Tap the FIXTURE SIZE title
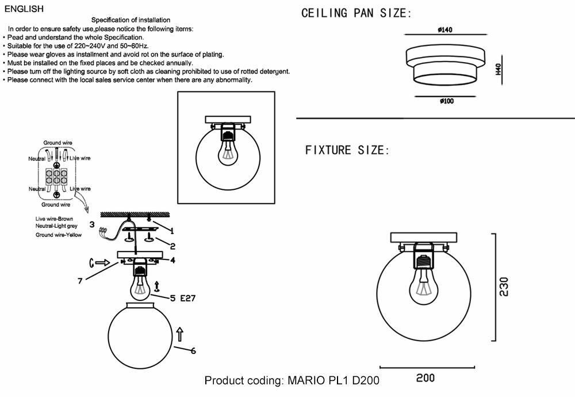pyautogui.click(x=347, y=151)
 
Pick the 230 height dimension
pyautogui.click(x=503, y=288)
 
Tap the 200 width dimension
pyautogui.click(x=425, y=378)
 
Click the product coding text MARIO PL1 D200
pyautogui.click(x=292, y=381)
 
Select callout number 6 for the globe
pyautogui.click(x=193, y=350)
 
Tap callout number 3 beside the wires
pyautogui.click(x=91, y=224)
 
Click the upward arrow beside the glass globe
pyautogui.click(x=179, y=334)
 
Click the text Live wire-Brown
pyautogui.click(x=54, y=219)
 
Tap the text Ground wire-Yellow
pyautogui.click(x=58, y=235)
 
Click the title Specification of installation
pyautogui.click(x=131, y=20)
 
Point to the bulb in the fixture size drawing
pyautogui.click(x=424, y=283)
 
